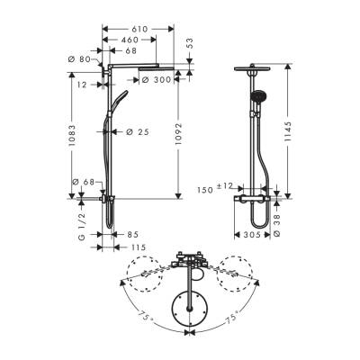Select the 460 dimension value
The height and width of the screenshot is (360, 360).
click(130, 40)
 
